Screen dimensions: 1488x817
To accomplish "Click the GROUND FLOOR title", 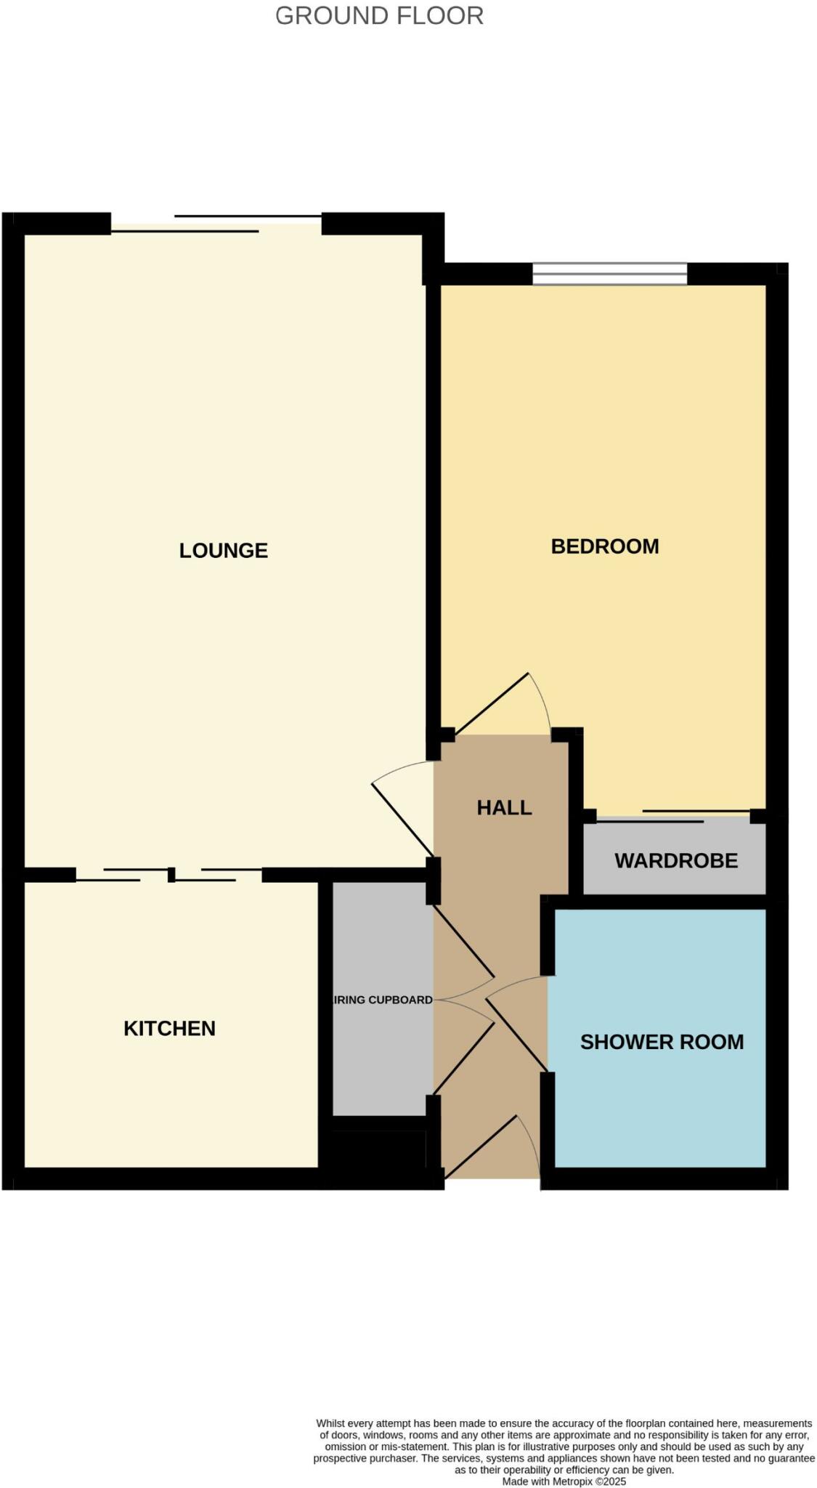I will (379, 15).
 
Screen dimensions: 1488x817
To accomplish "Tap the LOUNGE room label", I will (224, 550).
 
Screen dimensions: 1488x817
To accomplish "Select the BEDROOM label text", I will (604, 546).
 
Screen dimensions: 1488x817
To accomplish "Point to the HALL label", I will (504, 807).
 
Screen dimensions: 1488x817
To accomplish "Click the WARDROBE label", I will (675, 860).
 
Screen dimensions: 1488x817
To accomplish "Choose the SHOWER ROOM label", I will (661, 1041).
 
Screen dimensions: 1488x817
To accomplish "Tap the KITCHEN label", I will (169, 1028).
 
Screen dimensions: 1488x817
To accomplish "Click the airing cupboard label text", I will (383, 1000).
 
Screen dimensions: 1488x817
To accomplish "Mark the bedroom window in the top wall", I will (609, 274).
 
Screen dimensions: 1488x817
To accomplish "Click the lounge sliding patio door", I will (216, 224).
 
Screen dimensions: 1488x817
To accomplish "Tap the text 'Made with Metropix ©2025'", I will (564, 1481).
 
